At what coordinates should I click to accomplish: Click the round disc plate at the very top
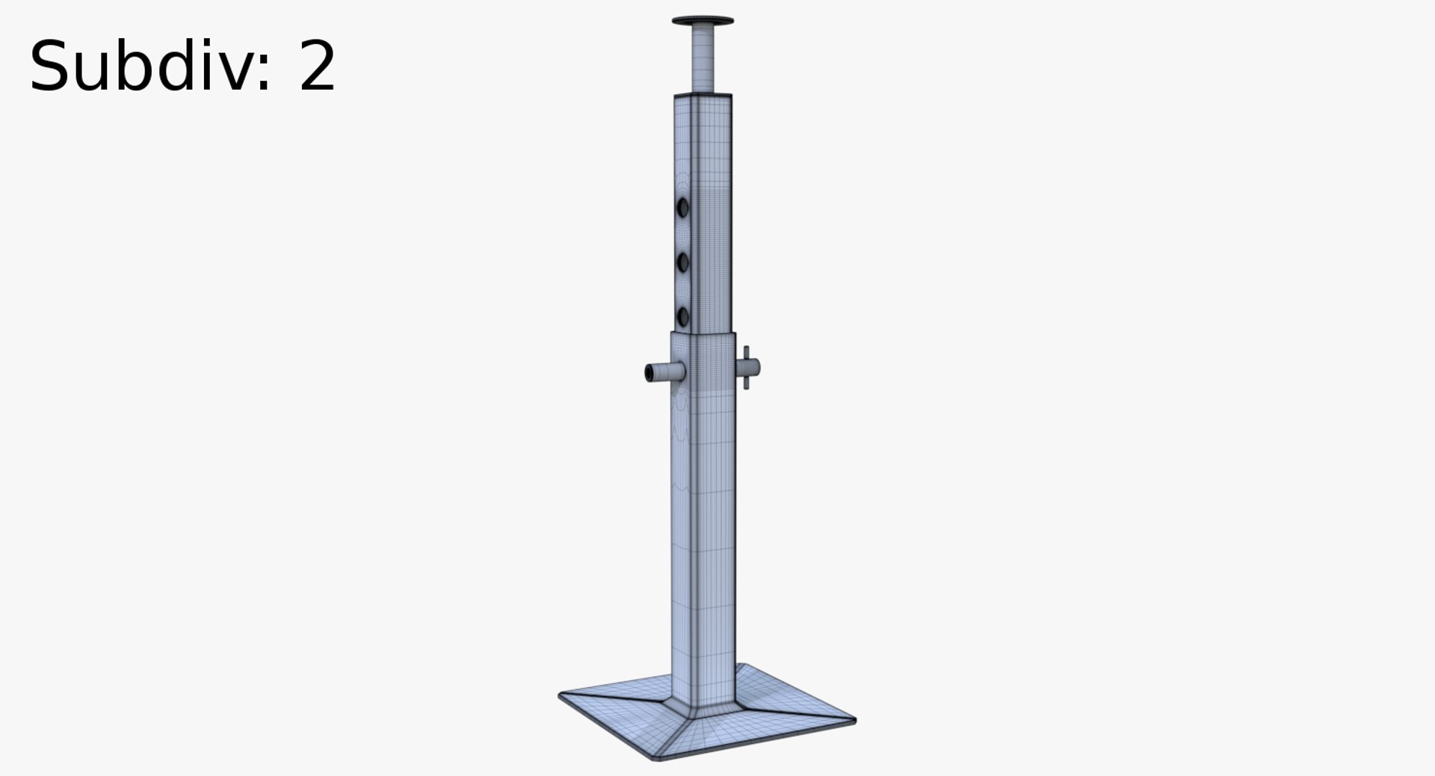click(x=703, y=21)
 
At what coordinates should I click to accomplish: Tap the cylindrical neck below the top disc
click(x=703, y=56)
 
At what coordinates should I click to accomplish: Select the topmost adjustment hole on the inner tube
click(x=682, y=206)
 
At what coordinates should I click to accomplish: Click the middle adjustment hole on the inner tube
click(x=682, y=262)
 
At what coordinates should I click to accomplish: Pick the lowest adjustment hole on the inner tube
click(x=682, y=315)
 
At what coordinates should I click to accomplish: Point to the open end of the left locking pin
click(x=649, y=372)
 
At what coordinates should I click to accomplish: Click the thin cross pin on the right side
click(x=745, y=367)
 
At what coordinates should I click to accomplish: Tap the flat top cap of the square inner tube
click(x=703, y=96)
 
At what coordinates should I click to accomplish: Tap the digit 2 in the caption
click(x=317, y=67)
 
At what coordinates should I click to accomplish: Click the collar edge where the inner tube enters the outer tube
click(x=703, y=333)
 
